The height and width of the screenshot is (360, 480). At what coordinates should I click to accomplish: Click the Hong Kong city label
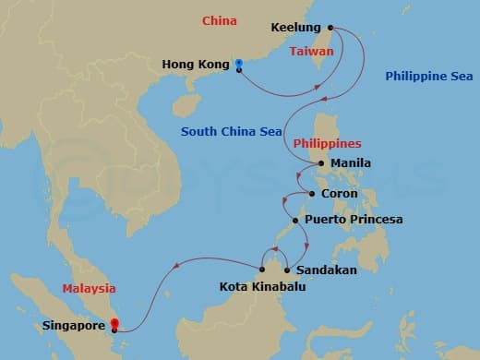click(193, 65)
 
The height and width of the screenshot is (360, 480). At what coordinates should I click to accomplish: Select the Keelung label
click(295, 29)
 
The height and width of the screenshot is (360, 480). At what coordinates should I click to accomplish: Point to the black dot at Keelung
click(330, 30)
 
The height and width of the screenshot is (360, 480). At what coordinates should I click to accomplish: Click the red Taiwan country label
click(311, 53)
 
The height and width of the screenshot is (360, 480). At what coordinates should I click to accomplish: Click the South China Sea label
click(233, 132)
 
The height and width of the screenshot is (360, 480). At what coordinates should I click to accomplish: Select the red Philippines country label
click(326, 144)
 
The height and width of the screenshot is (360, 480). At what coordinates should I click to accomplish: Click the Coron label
click(341, 194)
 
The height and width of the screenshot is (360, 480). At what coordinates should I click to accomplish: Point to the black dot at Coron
click(312, 194)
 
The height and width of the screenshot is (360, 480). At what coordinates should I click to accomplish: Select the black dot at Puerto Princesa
click(294, 221)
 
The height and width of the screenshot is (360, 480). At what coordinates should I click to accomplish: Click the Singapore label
click(73, 326)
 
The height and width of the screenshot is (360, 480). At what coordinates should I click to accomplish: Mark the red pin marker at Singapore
click(114, 324)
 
